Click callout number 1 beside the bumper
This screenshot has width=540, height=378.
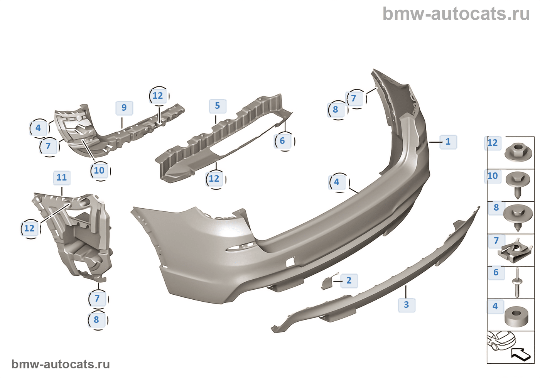tap(448, 142)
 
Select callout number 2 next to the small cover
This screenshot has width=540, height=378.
tap(349, 280)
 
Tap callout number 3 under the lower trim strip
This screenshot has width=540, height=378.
tap(406, 305)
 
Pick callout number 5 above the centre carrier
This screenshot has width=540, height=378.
tap(217, 106)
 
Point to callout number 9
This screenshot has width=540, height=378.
tap(124, 108)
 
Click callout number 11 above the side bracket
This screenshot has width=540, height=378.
tap(62, 177)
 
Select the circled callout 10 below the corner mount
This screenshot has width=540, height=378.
tap(99, 170)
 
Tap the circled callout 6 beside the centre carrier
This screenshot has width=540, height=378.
tap(282, 141)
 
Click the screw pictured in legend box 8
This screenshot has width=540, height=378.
tap(518, 217)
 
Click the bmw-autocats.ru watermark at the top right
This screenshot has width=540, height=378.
tap(456, 14)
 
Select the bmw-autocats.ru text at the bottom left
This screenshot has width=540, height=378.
tap(61, 364)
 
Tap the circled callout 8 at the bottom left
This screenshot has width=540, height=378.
tap(96, 320)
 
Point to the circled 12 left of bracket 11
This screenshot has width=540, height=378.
tap(29, 228)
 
